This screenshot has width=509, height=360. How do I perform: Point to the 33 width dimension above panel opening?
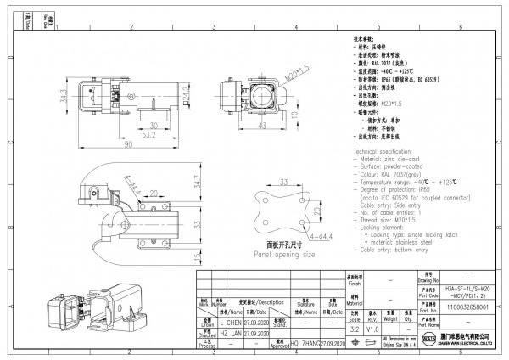284,182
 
